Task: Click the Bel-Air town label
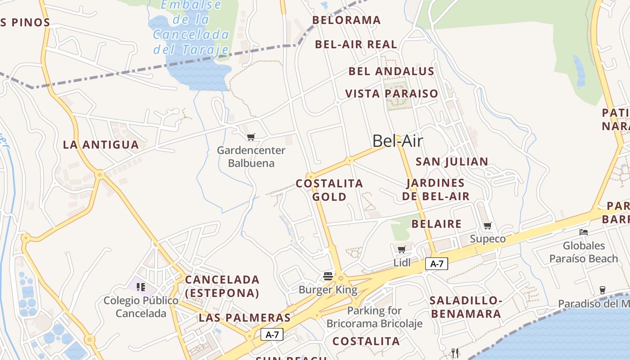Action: (x=397, y=141)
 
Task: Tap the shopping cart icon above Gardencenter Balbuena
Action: (x=251, y=137)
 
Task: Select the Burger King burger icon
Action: (x=328, y=276)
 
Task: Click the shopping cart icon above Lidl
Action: (x=402, y=249)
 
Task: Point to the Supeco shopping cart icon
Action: (x=488, y=225)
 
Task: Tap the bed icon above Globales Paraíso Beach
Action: (x=584, y=232)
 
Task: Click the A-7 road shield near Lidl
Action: (x=436, y=264)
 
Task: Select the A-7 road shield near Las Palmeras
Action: (x=272, y=334)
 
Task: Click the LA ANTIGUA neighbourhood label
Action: (x=101, y=145)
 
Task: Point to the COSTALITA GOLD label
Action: (x=329, y=190)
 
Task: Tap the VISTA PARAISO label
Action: (x=391, y=94)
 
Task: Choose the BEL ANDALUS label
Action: (x=391, y=71)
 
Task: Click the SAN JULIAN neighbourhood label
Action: (x=452, y=162)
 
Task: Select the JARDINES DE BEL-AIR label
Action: (x=436, y=189)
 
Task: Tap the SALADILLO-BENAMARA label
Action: (x=465, y=307)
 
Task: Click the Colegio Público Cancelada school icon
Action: (x=141, y=287)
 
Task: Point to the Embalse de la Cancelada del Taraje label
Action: (x=191, y=27)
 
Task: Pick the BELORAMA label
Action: (x=346, y=20)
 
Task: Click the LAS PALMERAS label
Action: (x=245, y=318)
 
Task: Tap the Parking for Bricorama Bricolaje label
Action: (x=374, y=317)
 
